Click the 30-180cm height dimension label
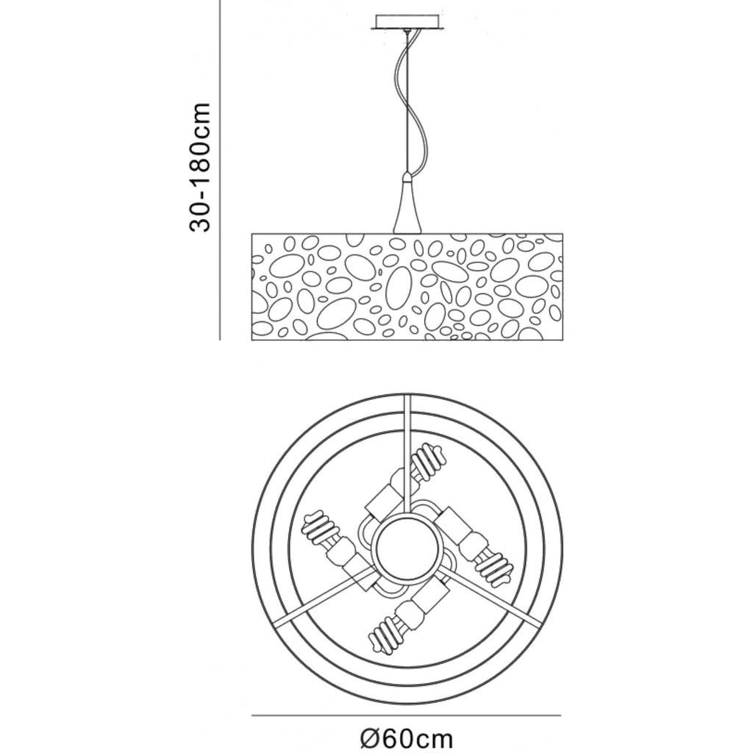pyautogui.click(x=200, y=167)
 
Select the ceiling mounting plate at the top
pyautogui.click(x=406, y=22)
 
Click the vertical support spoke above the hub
pyautogui.click(x=407, y=456)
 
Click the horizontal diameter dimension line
pyautogui.click(x=406, y=715)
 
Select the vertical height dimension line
pyautogui.click(x=220, y=170)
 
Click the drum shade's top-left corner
pyautogui.click(x=252, y=234)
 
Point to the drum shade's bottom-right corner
pyautogui.click(x=562, y=340)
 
